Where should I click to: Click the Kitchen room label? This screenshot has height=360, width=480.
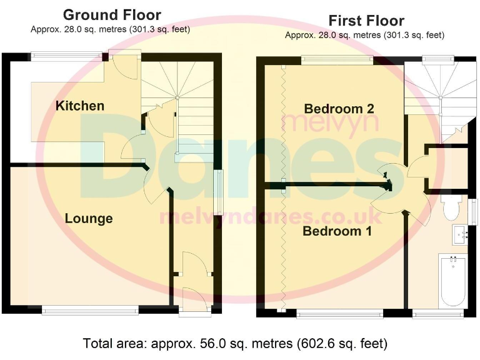coord(80,106)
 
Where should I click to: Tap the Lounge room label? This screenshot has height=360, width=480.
coord(89,218)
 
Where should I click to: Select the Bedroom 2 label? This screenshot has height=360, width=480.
coord(339,109)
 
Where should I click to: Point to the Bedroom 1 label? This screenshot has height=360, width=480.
coord(337,231)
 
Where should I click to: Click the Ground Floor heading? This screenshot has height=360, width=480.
coord(112,15)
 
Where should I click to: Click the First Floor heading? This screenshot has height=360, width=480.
coord(366,21)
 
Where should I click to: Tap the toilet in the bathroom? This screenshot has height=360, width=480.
coord(451,209)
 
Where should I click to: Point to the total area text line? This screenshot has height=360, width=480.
coord(235,343)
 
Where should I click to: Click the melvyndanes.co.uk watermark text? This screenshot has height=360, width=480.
coord(270,216)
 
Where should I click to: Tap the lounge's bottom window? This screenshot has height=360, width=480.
coord(90,309)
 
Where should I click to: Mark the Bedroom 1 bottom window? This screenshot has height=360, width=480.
coord(340,313)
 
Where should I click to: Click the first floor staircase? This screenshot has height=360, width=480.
coord(437,100)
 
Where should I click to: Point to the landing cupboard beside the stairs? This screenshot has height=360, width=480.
coord(447,167)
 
